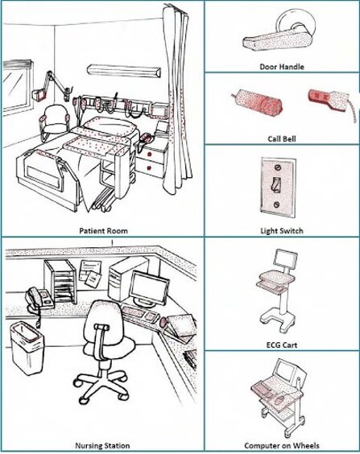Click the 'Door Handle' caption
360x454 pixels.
tap(282, 67)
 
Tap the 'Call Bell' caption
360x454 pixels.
tap(282, 139)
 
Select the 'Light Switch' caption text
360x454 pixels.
tap(282, 231)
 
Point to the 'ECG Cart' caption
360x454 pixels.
tap(282, 345)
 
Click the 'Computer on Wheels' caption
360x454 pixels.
tap(282, 446)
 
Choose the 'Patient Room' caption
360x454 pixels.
tap(103, 231)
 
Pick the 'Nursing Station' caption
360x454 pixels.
tap(102, 446)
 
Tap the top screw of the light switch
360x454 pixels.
tap(278, 167)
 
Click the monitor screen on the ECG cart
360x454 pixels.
tap(286, 258)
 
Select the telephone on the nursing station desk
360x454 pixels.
tap(39, 298)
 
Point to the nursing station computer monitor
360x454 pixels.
tap(149, 288)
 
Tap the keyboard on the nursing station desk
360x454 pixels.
tap(134, 313)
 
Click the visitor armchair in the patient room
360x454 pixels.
tap(55, 122)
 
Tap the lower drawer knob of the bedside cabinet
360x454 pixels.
tap(150, 167)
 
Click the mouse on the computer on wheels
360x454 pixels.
tap(279, 400)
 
